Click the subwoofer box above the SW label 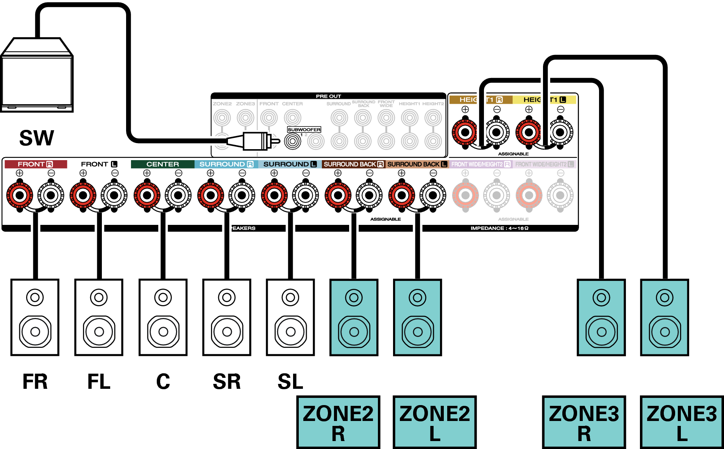pos(37,76)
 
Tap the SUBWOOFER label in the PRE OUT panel pos(304,129)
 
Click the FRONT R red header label pos(35,164)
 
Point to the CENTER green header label pos(162,164)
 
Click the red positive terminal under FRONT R pos(20,195)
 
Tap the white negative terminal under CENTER pos(178,195)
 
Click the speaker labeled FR pos(35,317)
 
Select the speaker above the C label pos(163,317)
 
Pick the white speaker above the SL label pos(290,317)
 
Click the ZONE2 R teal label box pos(338,422)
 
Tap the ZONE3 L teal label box pos(682,422)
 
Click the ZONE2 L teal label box pos(435,422)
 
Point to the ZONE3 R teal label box pos(584,422)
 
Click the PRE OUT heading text pos(328,96)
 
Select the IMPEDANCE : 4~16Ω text pos(499,228)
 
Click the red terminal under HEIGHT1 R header pos(465,133)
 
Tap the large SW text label pos(37,138)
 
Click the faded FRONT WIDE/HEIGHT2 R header pos(481,164)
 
